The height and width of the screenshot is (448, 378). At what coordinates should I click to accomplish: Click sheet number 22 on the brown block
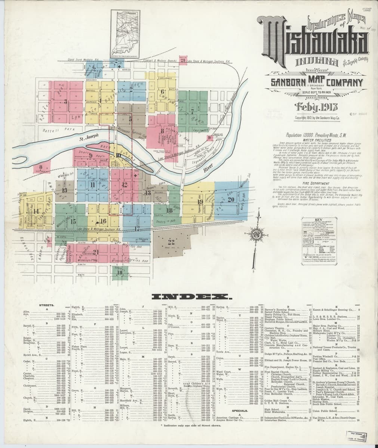171,241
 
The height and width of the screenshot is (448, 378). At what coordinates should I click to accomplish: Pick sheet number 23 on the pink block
182,60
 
